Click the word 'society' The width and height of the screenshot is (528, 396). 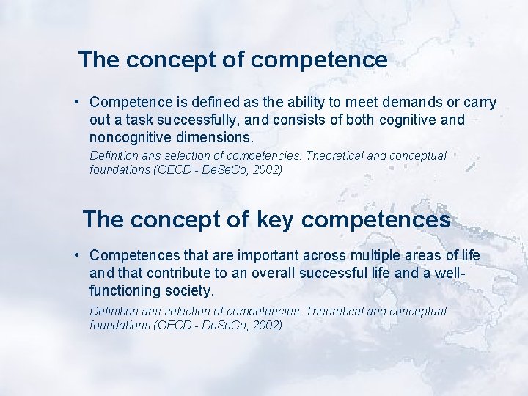tap(188, 290)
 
